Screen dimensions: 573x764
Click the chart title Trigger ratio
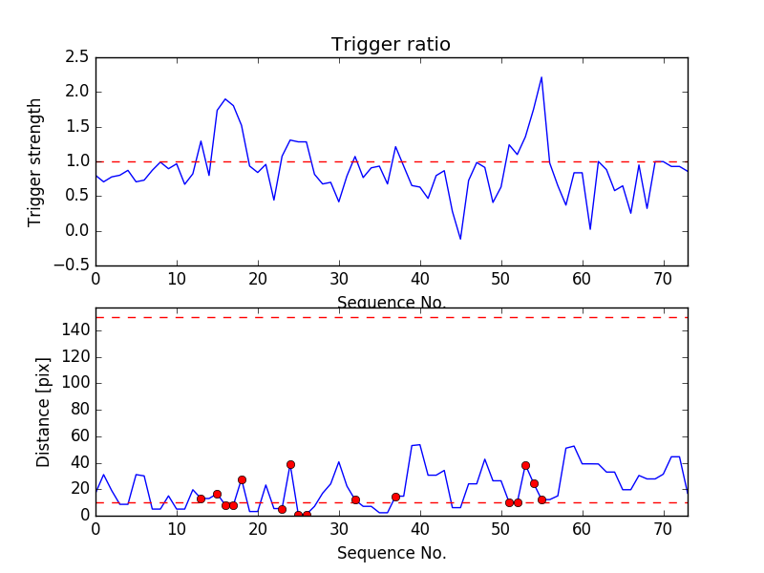391,45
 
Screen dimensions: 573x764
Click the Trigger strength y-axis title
36,161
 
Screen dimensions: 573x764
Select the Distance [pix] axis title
44,420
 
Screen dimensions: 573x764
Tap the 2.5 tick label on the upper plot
77,57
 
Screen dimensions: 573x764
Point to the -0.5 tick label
72,265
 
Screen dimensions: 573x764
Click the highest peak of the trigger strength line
541,77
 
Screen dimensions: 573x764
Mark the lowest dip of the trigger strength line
460,239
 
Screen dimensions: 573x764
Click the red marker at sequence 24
290,464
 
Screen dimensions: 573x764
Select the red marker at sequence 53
525,465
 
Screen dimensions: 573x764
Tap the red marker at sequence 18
242,479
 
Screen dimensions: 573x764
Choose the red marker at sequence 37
395,497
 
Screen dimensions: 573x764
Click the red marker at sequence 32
355,499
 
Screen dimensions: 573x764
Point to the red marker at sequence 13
201,499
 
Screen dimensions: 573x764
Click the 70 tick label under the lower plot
664,530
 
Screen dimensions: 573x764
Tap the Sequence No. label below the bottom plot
391,553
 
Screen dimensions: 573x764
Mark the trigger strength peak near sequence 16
225,99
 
